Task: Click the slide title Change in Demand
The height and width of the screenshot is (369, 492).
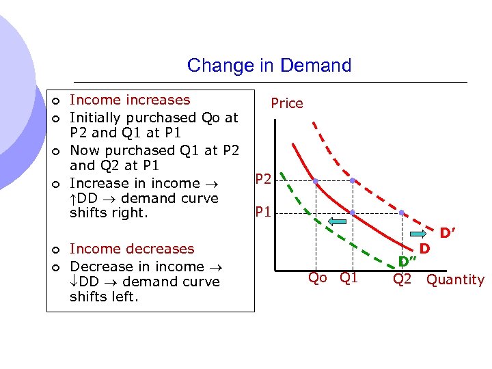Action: (x=269, y=66)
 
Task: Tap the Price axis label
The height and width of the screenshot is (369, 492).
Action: (x=286, y=103)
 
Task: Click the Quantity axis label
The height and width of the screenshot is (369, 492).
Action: (x=455, y=279)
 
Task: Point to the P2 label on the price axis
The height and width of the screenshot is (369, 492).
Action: (x=263, y=180)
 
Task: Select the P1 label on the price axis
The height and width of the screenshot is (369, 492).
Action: (x=263, y=212)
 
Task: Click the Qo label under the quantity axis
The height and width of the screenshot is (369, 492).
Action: (x=317, y=277)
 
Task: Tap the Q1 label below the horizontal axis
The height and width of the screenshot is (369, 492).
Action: (x=348, y=277)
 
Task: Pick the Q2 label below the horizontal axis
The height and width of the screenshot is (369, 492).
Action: (x=402, y=279)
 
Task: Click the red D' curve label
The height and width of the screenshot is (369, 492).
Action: (x=448, y=234)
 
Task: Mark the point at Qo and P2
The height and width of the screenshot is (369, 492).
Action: (x=316, y=181)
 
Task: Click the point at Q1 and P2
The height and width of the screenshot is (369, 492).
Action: (x=352, y=181)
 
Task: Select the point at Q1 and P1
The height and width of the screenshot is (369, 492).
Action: (x=352, y=213)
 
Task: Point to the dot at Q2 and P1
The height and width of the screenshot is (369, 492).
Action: (x=402, y=213)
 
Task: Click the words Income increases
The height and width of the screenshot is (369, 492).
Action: (x=130, y=100)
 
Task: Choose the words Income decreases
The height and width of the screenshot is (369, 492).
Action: (x=132, y=249)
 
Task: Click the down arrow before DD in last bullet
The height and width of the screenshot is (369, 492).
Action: (x=74, y=282)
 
